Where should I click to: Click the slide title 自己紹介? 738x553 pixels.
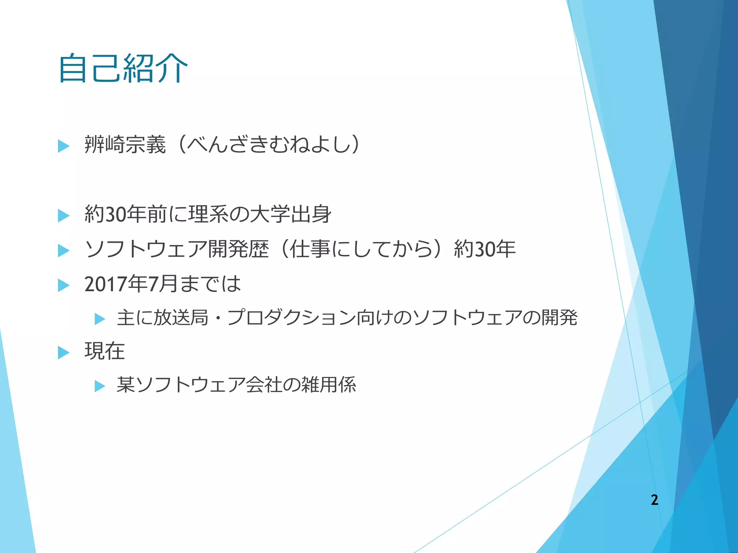(x=123, y=68)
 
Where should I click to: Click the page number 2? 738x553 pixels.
(x=654, y=500)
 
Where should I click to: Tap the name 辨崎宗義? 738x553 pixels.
(x=125, y=145)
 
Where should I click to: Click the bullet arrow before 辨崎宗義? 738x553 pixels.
(x=63, y=146)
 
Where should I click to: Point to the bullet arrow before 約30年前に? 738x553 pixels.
(x=63, y=216)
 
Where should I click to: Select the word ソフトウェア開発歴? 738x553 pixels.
(x=177, y=249)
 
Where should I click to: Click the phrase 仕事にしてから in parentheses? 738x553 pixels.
(x=361, y=249)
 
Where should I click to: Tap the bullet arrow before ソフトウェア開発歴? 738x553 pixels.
(x=63, y=251)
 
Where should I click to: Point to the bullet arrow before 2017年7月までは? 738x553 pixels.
(x=63, y=286)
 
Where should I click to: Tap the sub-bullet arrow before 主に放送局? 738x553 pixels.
(x=100, y=319)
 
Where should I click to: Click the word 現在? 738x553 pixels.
(x=105, y=351)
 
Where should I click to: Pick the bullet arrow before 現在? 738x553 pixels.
(x=63, y=353)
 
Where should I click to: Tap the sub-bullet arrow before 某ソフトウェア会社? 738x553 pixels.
(x=100, y=386)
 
